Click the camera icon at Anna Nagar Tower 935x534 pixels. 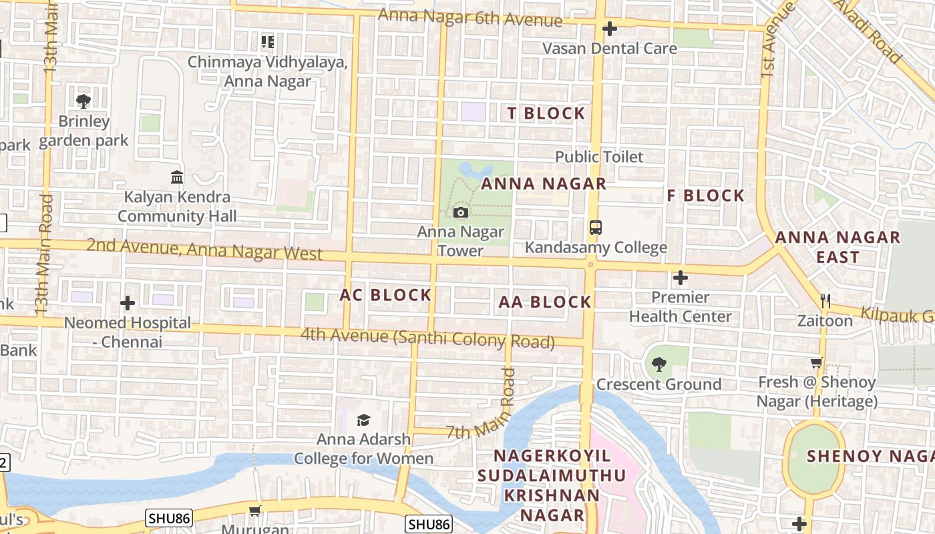point(460,213)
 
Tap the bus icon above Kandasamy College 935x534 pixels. point(596,228)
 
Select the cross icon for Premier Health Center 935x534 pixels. point(681,277)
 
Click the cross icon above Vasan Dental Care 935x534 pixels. point(609,29)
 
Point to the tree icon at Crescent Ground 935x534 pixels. point(659,364)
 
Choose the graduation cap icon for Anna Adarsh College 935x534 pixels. point(363,420)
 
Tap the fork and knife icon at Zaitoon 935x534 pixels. point(825,301)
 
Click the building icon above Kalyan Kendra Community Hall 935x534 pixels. point(177,178)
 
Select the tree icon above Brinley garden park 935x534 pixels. point(83,101)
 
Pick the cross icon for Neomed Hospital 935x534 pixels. point(128,304)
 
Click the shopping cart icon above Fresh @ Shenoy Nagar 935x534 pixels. point(816,363)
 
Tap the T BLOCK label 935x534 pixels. point(546,113)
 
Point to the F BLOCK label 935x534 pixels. point(706,196)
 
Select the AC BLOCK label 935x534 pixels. point(385,295)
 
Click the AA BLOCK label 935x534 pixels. point(545,302)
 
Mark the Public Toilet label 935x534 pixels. point(600,157)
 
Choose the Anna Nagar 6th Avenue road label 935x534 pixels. point(470,18)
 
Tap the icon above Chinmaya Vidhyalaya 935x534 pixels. point(268,43)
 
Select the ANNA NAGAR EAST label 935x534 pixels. point(837,247)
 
